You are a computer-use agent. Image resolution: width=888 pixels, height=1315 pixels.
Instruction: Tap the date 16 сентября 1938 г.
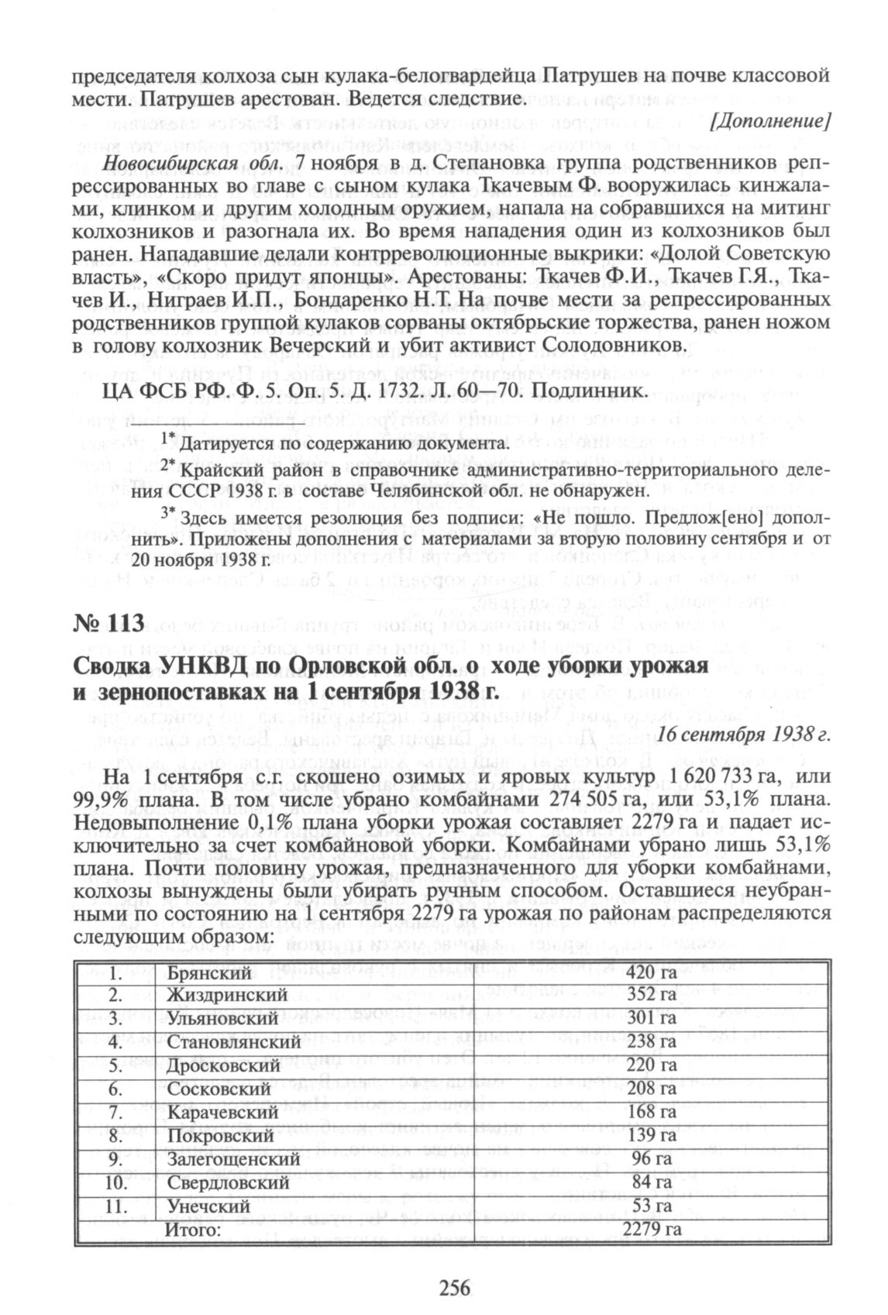click(743, 734)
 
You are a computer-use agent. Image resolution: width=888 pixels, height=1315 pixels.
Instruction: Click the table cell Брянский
click(210, 972)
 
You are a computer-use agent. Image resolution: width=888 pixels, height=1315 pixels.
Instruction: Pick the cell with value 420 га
click(652, 972)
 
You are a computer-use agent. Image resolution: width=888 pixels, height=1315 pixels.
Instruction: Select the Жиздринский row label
click(227, 995)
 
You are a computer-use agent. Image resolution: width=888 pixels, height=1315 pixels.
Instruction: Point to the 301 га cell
click(652, 1018)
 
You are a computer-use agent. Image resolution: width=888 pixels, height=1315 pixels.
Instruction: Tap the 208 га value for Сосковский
click(652, 1089)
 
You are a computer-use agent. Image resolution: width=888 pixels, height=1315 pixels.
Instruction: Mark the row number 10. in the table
click(115, 1182)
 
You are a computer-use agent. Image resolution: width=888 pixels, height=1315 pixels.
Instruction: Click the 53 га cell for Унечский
click(652, 1206)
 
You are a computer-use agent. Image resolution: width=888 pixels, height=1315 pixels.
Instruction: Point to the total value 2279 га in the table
click(652, 1229)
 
